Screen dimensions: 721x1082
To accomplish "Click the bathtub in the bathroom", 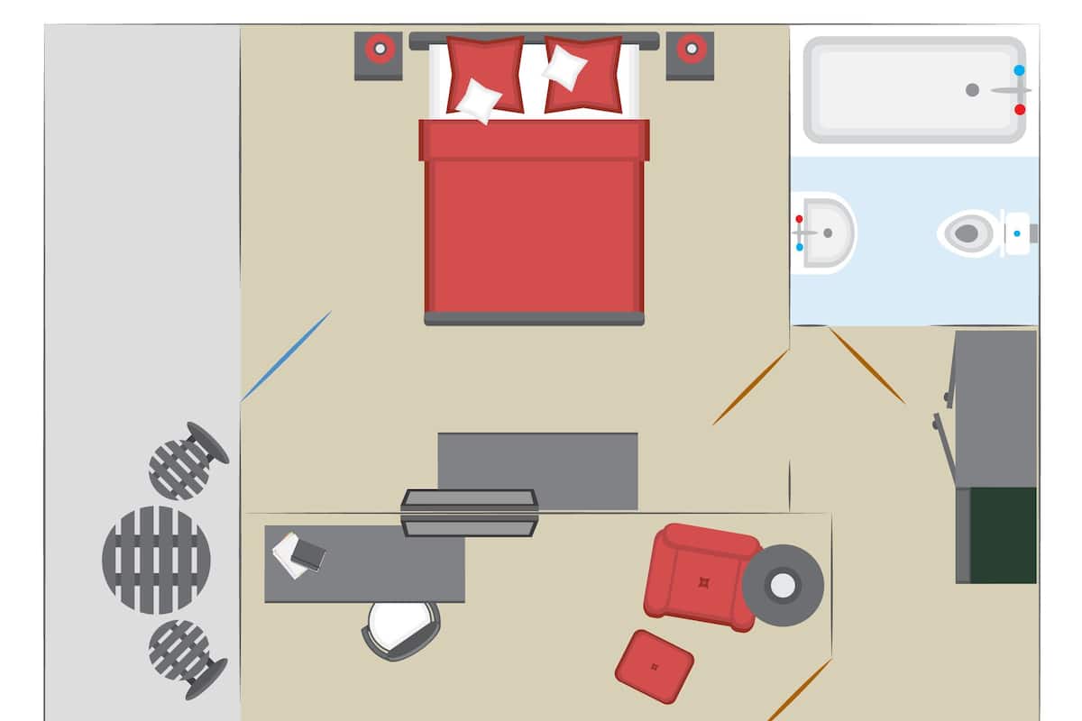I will [x=911, y=89].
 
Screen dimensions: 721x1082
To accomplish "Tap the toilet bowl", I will [x=966, y=233].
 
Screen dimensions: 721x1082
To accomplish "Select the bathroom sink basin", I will [x=826, y=233].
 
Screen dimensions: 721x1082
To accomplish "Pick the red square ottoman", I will [x=654, y=667].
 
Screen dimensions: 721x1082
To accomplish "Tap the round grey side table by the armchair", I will [x=782, y=586].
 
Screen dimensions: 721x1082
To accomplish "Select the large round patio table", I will [x=156, y=560].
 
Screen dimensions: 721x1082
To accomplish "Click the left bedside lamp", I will [x=379, y=49].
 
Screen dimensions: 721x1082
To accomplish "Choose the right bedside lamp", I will [x=691, y=49].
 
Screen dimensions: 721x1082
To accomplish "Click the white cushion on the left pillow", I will [x=479, y=100].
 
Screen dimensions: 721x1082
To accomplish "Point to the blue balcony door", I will [x=286, y=356].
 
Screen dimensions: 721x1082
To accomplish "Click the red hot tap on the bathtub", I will [x=1020, y=109].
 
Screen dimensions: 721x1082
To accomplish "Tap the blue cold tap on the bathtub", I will [x=1020, y=69].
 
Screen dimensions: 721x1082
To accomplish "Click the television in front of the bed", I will [x=469, y=513].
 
